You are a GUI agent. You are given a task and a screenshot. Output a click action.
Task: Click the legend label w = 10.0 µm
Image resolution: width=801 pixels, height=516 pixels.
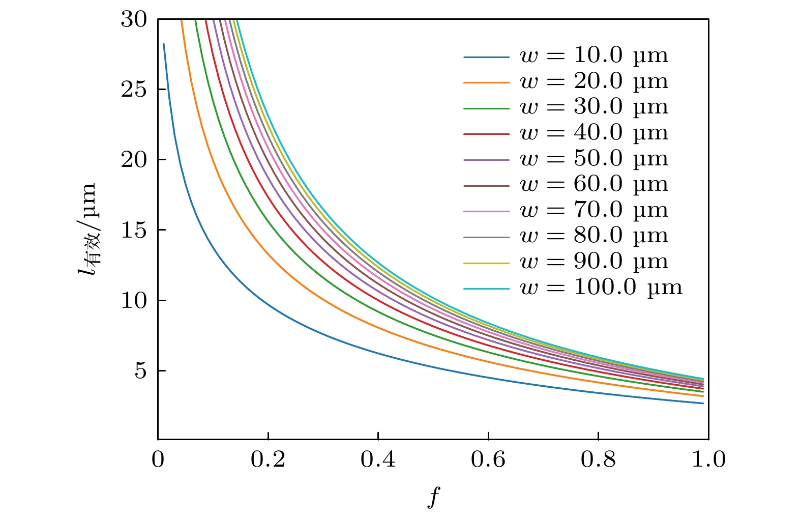pos(594,55)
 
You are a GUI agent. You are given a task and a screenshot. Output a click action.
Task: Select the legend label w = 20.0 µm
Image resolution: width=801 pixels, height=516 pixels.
pos(594,81)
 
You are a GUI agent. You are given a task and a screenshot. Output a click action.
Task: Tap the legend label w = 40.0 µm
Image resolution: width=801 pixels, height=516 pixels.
pos(594,133)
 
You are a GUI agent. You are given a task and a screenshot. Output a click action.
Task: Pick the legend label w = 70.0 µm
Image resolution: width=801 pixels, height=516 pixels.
pos(594,210)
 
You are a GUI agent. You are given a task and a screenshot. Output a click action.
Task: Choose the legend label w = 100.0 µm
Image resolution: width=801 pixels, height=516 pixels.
pos(601,288)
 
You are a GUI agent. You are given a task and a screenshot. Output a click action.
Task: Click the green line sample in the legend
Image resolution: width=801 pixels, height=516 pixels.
pos(486,108)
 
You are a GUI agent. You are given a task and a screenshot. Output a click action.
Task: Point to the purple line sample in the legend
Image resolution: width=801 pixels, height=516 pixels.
pos(486,160)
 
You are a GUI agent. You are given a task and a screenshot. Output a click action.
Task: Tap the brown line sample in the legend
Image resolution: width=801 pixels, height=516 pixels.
pos(486,186)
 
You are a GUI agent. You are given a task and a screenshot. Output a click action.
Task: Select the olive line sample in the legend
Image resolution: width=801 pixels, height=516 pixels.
pos(486,263)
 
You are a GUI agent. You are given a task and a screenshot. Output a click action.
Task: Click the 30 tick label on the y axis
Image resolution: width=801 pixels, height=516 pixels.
pos(134,19)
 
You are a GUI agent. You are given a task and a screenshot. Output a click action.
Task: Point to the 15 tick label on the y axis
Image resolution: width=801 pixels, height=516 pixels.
pos(134,230)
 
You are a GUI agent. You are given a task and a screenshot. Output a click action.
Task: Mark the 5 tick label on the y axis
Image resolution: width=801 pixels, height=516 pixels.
pos(140,371)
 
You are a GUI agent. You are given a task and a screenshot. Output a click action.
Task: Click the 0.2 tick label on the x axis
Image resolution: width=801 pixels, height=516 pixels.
pos(268,460)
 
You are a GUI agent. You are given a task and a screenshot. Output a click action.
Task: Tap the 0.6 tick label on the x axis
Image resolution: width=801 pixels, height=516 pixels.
pos(488,460)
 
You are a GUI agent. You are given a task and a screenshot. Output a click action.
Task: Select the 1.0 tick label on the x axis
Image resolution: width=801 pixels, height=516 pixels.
pos(708,460)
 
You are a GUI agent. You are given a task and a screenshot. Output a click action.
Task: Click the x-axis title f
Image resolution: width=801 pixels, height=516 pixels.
pos(433,497)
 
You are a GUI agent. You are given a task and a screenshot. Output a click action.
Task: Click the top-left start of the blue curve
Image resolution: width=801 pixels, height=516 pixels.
pos(164,44)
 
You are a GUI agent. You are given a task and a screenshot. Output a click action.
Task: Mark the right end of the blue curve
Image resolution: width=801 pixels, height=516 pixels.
pos(703,403)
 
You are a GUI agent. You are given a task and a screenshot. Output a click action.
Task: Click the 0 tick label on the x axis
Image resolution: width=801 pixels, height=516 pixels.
pos(158,460)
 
